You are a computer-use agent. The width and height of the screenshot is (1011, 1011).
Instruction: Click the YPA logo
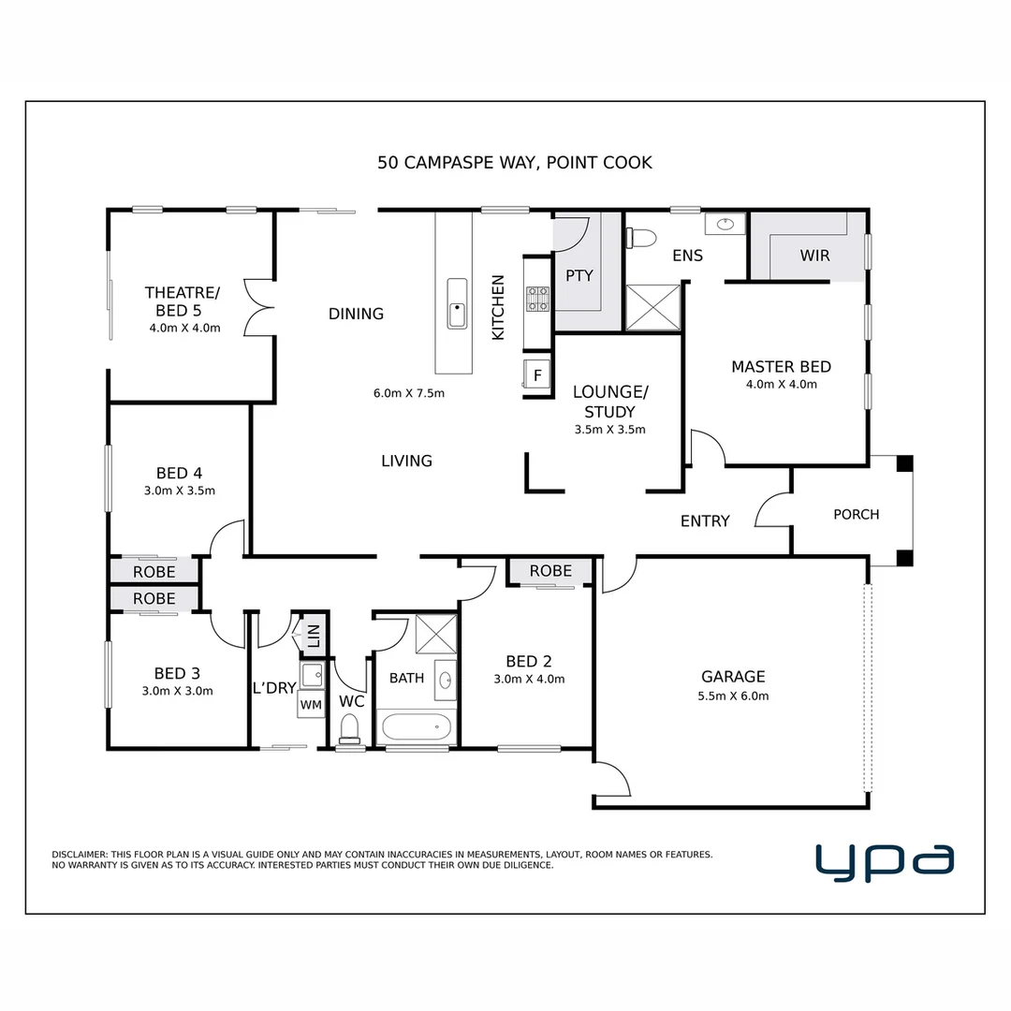(884, 862)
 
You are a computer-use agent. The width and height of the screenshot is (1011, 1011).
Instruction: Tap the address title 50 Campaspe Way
(514, 163)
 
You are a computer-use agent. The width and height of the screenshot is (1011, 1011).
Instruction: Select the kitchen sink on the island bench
(457, 303)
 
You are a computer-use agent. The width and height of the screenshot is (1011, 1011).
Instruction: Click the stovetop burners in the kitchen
(538, 298)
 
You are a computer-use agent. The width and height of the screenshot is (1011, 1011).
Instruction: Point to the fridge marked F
(537, 374)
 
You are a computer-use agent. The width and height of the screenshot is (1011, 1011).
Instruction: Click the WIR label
(814, 256)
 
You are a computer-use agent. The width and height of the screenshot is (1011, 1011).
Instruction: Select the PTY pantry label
(579, 276)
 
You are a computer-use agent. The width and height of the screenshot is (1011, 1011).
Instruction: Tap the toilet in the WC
(350, 728)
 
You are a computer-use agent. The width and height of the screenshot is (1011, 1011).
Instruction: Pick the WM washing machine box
(311, 704)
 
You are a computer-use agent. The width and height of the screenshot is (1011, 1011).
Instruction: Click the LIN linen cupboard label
(314, 637)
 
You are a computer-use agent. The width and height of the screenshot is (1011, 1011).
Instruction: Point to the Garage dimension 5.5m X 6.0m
(733, 696)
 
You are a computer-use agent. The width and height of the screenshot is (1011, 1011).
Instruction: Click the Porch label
(856, 514)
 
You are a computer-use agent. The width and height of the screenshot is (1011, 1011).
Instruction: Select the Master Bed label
(781, 367)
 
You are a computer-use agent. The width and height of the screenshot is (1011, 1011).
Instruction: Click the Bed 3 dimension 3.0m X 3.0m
(177, 692)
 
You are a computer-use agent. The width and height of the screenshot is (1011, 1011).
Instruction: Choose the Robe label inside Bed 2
(549, 571)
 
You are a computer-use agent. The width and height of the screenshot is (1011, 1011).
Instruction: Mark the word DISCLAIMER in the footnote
(80, 855)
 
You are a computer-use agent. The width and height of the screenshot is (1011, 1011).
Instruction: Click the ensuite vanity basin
(725, 224)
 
